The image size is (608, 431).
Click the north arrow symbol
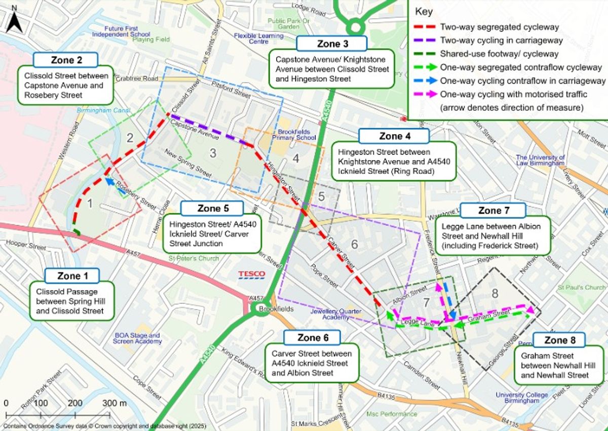15,20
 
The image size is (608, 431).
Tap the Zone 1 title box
72,276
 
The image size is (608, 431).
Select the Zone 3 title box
332,44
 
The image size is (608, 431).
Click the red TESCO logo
252,275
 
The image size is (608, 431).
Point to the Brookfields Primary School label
294,134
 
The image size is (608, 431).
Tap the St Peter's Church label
194,259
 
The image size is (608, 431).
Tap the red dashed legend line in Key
425,27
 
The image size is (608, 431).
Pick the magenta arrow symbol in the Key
425,94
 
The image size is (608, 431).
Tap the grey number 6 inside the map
354,244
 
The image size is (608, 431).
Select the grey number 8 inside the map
495,293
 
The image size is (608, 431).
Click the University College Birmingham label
522,398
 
